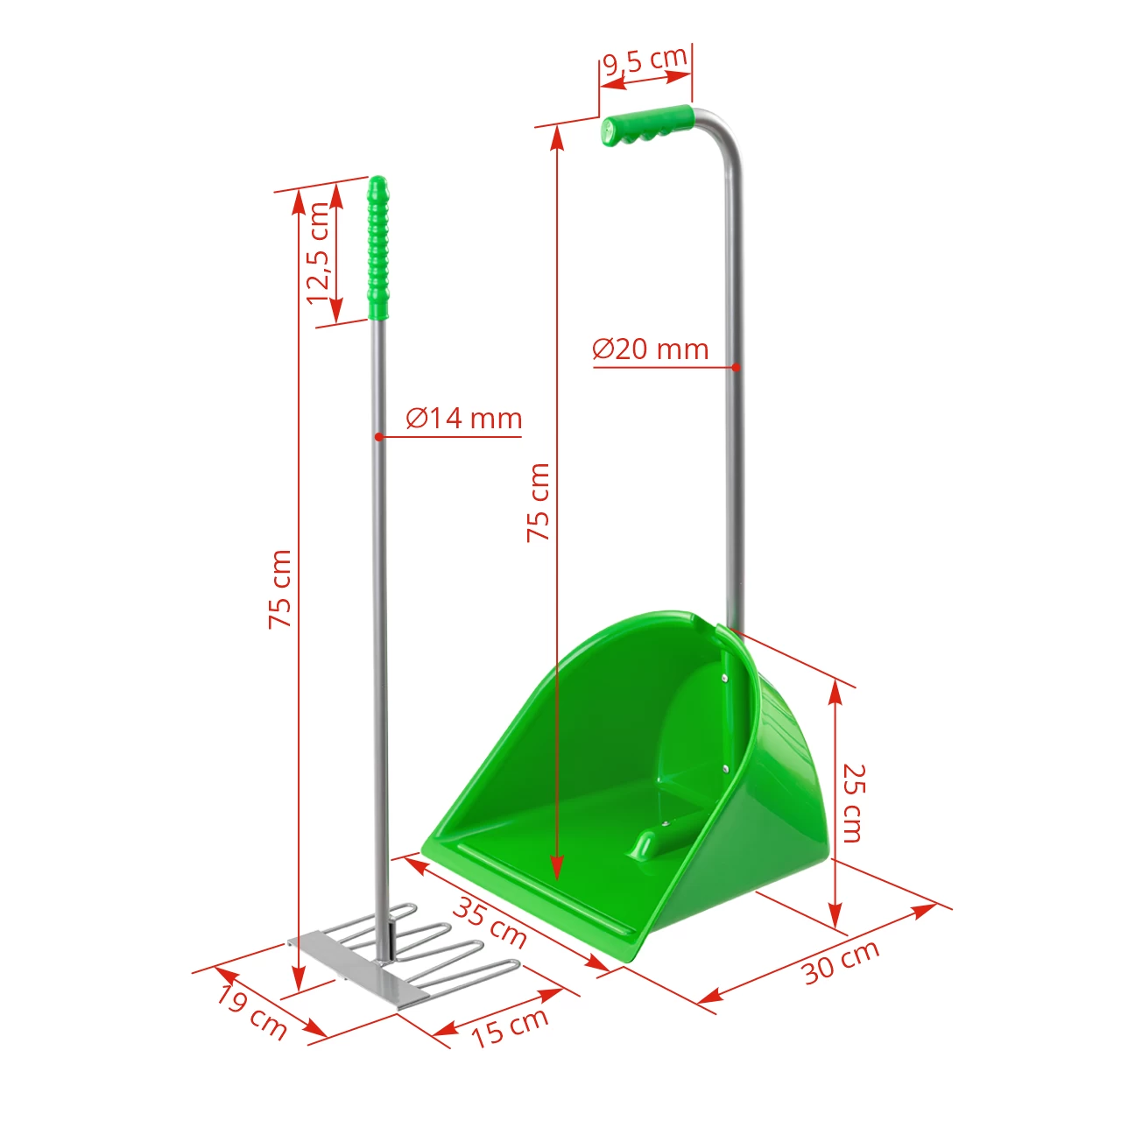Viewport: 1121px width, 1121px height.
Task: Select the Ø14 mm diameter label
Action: point(464,419)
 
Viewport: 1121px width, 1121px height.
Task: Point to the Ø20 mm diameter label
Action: point(650,349)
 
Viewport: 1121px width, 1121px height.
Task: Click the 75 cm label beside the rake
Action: point(280,589)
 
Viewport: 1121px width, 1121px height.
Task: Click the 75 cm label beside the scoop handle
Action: point(539,503)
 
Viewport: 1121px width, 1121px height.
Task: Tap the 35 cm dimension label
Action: point(490,924)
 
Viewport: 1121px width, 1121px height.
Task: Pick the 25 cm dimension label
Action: point(851,803)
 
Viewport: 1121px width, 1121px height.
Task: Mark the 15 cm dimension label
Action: point(510,1027)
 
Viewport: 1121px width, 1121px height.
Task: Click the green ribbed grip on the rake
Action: point(378,250)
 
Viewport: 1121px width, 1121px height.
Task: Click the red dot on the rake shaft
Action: point(378,436)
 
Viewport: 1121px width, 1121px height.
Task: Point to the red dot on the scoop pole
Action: point(737,367)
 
